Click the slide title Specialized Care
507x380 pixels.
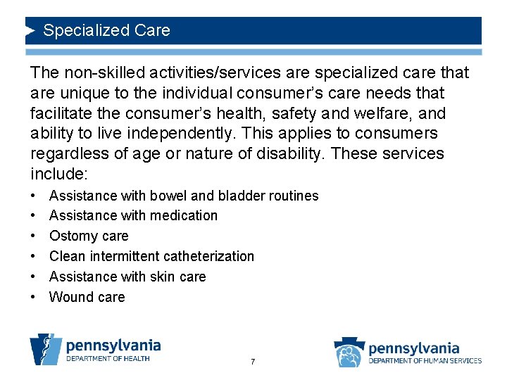[106, 31]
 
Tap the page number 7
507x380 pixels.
[253, 362]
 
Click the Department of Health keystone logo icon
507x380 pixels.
[45, 348]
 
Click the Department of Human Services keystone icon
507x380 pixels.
[349, 352]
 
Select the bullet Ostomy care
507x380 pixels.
[89, 236]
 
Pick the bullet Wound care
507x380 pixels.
[87, 297]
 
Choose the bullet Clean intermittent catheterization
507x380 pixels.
[151, 256]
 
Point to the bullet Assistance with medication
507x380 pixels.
[133, 215]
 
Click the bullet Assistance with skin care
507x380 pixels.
[127, 277]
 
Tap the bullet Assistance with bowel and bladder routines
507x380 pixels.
[184, 196]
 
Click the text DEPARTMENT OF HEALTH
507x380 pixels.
[108, 359]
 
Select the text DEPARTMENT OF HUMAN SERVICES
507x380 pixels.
[425, 361]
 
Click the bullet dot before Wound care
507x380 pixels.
[34, 297]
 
